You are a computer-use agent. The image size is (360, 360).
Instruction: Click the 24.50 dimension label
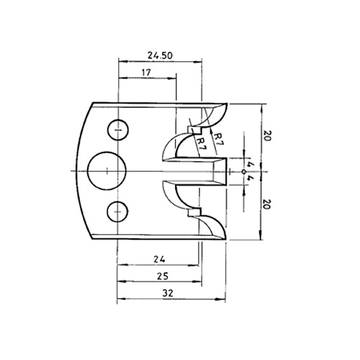coord(160,55)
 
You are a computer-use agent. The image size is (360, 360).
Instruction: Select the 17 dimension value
coord(146,72)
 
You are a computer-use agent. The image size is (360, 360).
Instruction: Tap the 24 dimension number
coord(159,259)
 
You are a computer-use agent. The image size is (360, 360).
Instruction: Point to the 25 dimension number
coord(163,276)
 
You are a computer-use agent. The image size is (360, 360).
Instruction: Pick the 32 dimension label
coord(168,293)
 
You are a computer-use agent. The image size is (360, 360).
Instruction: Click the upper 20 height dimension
coord(267,135)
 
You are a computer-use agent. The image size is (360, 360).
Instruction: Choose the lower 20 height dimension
coord(267,204)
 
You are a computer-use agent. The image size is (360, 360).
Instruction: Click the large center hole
coord(107,171)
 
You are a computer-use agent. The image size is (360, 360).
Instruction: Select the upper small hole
coord(118,130)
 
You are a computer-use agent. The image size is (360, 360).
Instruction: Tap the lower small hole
coord(117,212)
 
